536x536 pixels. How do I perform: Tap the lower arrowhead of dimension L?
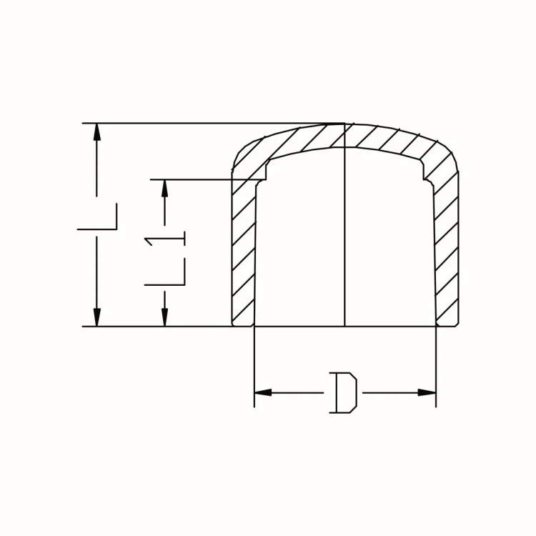coord(97,317)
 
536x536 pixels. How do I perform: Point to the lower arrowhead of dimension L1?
coord(165,317)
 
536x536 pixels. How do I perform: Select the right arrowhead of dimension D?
coord(427,392)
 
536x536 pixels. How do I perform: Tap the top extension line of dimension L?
coord(214,124)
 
